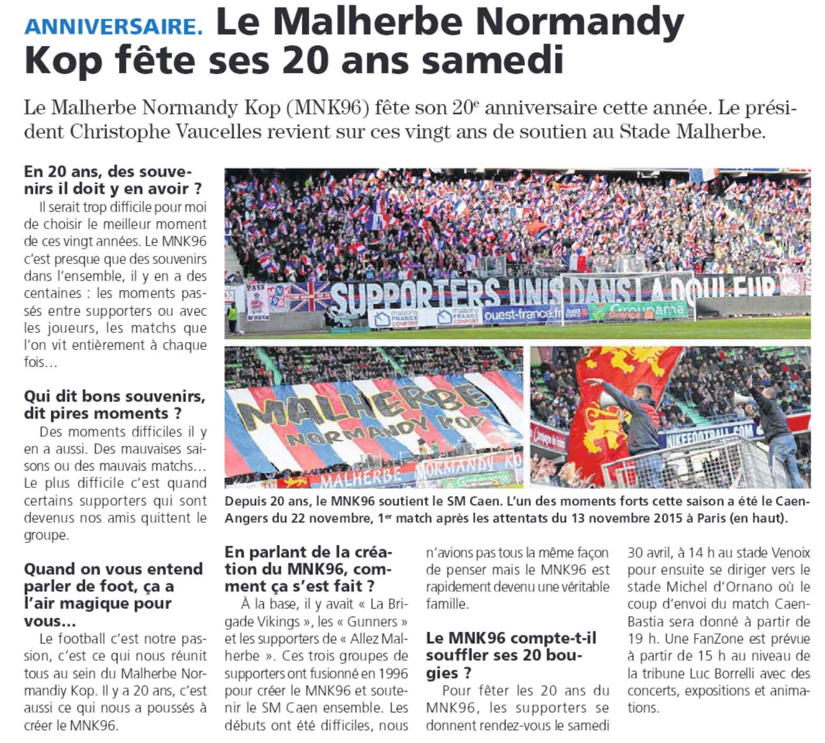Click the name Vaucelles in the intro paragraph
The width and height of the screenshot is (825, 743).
(x=227, y=132)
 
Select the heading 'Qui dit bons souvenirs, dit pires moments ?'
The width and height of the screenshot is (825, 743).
(x=113, y=404)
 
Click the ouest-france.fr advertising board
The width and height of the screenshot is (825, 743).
(x=522, y=314)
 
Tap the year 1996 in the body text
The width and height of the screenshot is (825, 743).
(x=389, y=673)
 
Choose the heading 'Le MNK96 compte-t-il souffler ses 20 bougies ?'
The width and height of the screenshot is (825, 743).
(x=511, y=656)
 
